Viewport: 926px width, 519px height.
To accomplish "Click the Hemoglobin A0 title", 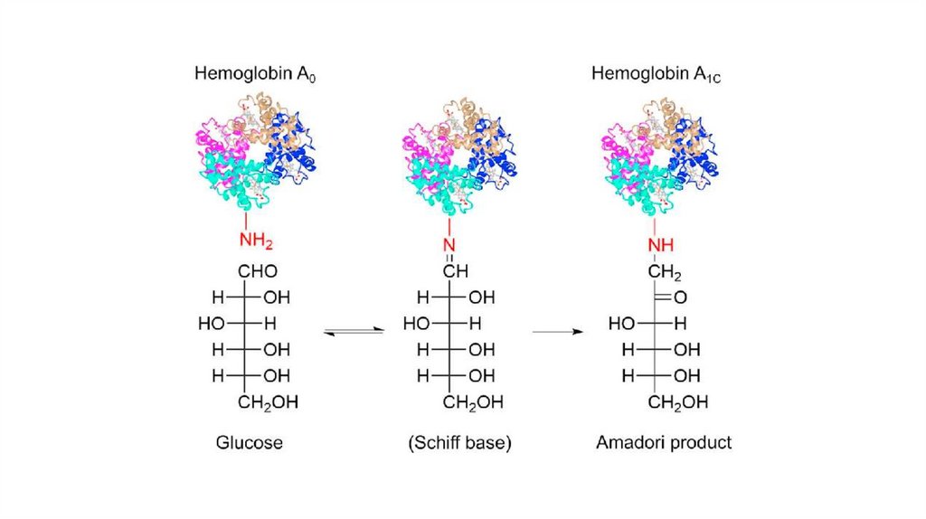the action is pyautogui.click(x=255, y=74).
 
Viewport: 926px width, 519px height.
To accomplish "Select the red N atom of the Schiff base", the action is pyautogui.click(x=448, y=246).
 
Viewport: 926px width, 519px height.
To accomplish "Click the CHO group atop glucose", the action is pyautogui.click(x=257, y=271).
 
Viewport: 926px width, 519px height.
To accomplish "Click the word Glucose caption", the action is pyautogui.click(x=250, y=443).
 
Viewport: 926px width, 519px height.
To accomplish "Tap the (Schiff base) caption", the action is pyautogui.click(x=460, y=444).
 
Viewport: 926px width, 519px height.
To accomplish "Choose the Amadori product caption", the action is pyautogui.click(x=664, y=443).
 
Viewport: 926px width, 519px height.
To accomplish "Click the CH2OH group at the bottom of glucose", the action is pyautogui.click(x=268, y=402).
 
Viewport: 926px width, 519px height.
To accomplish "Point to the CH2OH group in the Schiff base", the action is pyautogui.click(x=471, y=402).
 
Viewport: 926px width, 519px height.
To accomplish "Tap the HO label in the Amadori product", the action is pyautogui.click(x=620, y=323).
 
